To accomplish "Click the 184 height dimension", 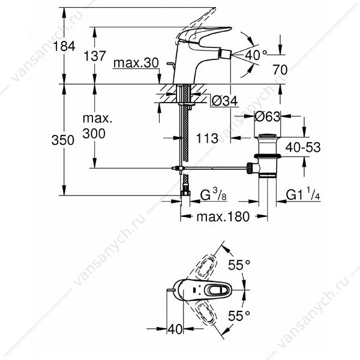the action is coord(64,46).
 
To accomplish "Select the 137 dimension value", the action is coord(95,56).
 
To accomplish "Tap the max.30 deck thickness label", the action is coord(136,62).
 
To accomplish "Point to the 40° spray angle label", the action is coord(256,55).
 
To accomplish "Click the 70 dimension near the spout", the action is coord(280,70).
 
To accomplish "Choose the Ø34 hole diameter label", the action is coord(224,101).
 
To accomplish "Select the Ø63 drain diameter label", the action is coord(267,116).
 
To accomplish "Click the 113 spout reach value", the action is coord(207,138).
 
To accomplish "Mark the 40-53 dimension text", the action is coord(303,147).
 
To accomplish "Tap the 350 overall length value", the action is coord(62,140).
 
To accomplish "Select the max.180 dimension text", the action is coord(223,217).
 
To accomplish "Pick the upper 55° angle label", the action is coord(239,265).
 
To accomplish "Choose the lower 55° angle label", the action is coord(239,316).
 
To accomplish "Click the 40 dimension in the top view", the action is coord(175,329).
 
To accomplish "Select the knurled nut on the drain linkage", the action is coord(250,169).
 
